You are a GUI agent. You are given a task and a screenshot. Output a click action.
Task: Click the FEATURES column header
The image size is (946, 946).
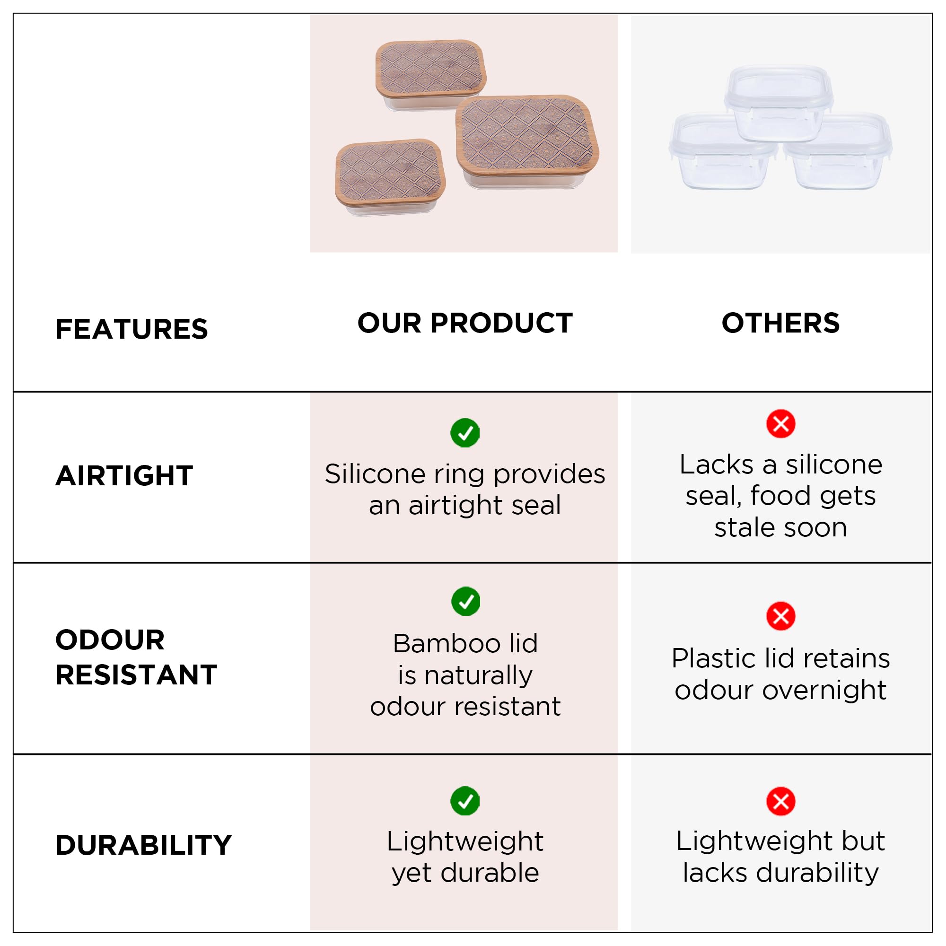coord(131,329)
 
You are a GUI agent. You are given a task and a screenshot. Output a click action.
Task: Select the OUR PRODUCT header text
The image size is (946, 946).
coord(464,323)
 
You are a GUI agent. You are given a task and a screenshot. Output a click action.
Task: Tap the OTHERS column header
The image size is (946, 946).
coord(780,323)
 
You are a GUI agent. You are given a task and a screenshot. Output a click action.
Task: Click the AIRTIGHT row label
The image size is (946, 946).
coord(124,475)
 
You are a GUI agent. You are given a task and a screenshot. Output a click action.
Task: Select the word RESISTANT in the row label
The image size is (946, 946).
coord(136,675)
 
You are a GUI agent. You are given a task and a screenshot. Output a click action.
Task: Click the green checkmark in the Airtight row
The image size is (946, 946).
coord(464,432)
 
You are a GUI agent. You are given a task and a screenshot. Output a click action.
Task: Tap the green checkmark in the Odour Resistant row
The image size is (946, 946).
coord(465,601)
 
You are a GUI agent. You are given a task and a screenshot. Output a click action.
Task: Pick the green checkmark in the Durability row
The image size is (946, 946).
coord(464,801)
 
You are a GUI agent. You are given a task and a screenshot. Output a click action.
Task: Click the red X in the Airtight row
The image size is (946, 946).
coord(780,423)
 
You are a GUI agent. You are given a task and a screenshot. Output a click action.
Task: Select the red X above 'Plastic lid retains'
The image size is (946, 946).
coord(780,616)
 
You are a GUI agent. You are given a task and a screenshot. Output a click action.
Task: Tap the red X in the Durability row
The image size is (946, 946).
coord(780,801)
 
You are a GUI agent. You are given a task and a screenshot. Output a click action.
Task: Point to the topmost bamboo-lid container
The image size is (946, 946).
coord(430,74)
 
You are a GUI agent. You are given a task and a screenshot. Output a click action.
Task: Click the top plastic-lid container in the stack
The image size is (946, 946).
coord(779,103)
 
